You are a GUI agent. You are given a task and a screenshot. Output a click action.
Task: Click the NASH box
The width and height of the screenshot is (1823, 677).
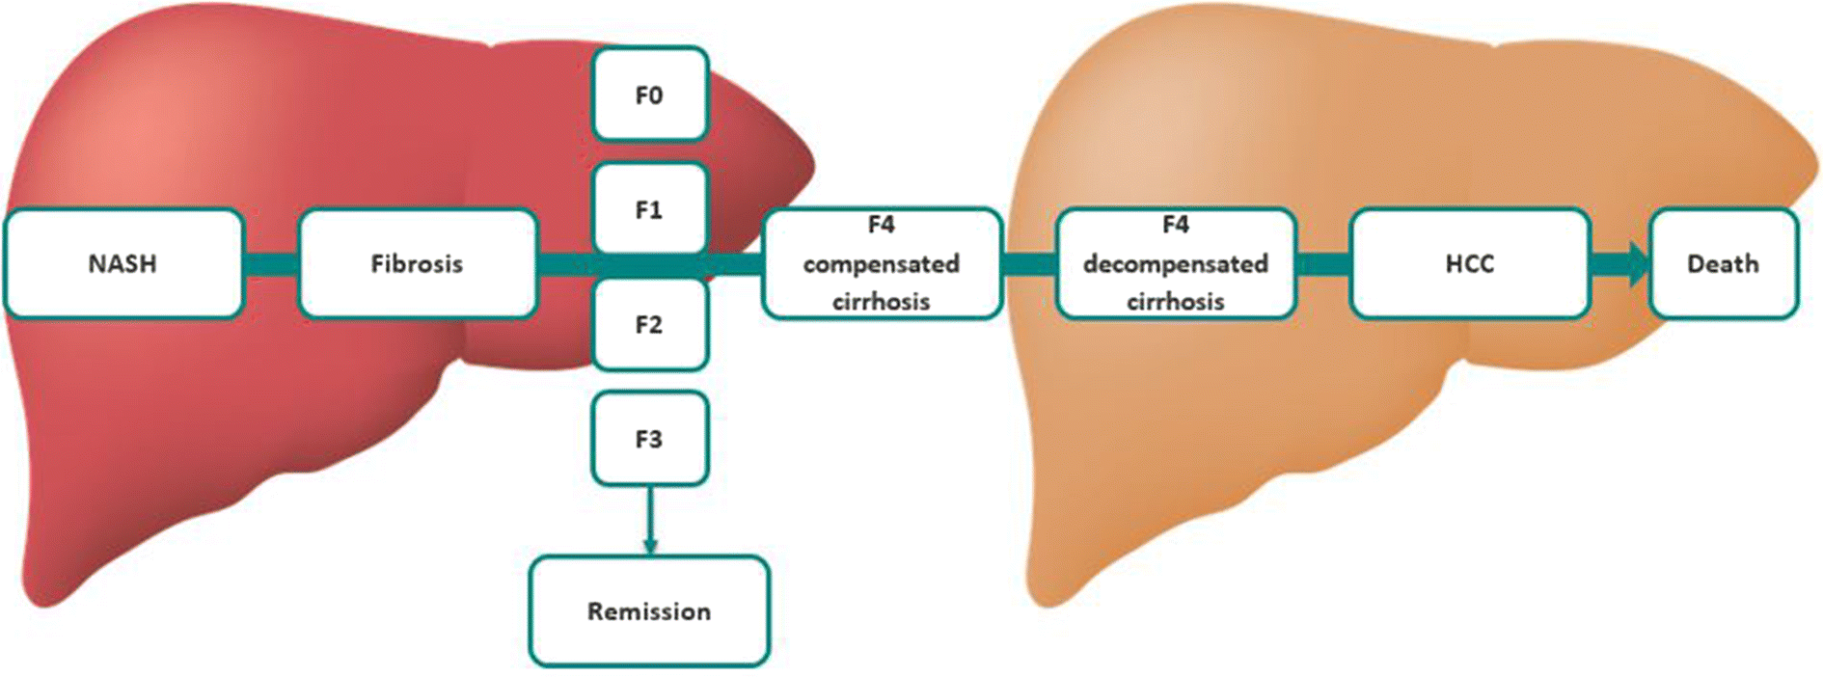click(123, 263)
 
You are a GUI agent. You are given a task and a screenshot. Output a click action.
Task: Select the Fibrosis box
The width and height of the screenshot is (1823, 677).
click(418, 263)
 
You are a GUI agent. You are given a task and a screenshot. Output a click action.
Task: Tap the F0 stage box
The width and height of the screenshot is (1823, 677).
click(649, 95)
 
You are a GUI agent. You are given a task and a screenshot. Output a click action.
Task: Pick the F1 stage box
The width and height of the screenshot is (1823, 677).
click(649, 209)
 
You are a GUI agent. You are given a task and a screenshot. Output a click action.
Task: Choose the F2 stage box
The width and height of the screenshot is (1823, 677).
click(649, 324)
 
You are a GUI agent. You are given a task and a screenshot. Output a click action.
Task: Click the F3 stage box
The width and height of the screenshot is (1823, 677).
click(649, 439)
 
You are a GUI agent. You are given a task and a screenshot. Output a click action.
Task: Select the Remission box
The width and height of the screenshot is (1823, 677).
click(649, 611)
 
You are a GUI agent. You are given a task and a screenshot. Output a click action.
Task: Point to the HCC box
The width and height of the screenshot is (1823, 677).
click(1469, 263)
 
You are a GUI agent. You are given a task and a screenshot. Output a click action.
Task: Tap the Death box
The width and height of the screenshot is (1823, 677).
click(1723, 263)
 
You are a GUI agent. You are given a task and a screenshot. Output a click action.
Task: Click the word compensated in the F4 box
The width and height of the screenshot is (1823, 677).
click(881, 263)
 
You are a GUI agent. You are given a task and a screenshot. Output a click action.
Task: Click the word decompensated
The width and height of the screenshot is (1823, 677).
click(1175, 263)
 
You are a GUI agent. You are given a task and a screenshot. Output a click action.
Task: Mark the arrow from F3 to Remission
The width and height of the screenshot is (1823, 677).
click(649, 521)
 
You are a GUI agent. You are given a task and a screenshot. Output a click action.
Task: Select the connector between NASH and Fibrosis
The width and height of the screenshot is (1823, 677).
click(271, 264)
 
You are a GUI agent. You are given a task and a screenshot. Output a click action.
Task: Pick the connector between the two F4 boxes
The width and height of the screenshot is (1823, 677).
click(1029, 264)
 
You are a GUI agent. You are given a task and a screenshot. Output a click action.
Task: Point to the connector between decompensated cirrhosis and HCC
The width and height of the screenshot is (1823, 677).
click(1322, 264)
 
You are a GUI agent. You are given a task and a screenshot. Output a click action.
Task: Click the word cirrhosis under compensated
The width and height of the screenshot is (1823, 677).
click(881, 302)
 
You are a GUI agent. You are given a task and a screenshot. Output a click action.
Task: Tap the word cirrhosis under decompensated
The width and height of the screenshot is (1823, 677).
click(1175, 302)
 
